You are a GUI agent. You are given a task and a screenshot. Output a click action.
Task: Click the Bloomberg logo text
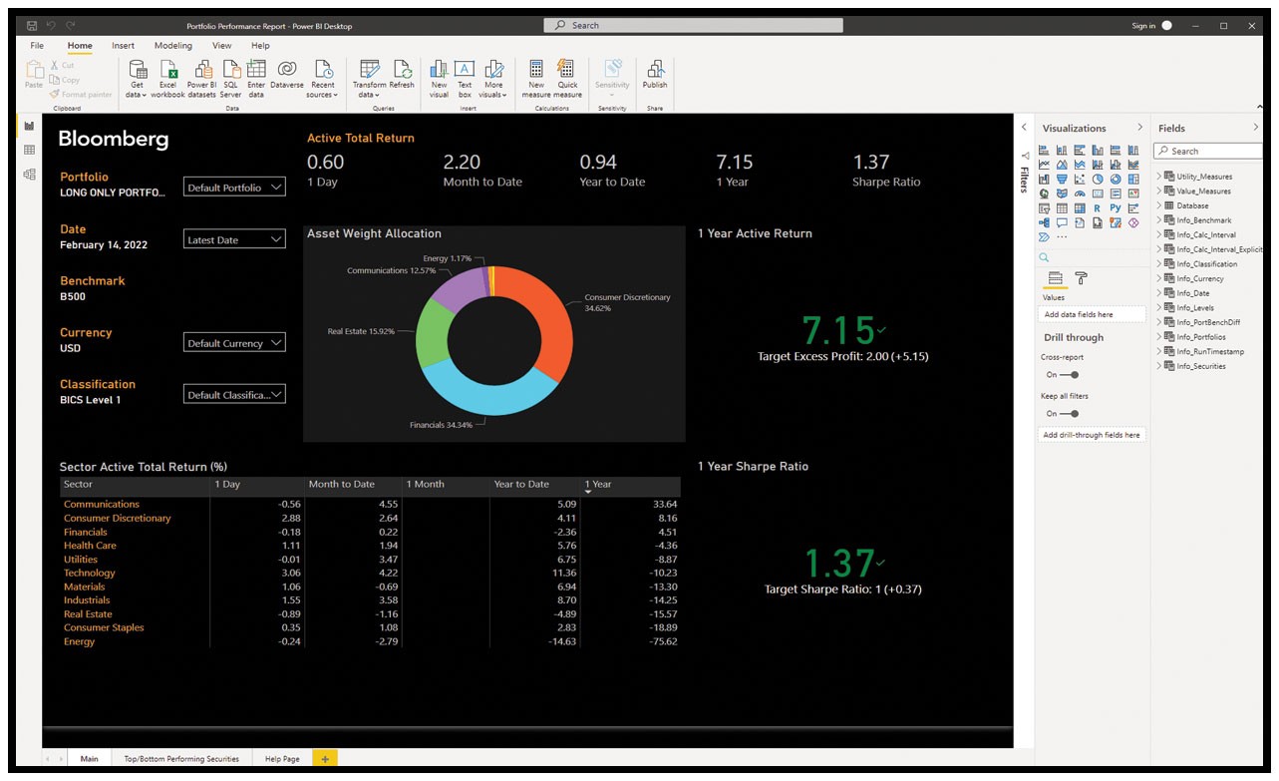(114, 139)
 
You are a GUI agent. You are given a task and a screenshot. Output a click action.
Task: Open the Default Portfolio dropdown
(234, 188)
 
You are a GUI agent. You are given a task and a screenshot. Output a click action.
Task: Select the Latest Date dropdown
(234, 239)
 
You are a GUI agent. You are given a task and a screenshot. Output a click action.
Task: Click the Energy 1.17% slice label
(447, 258)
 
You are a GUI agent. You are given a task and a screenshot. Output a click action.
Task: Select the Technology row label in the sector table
(90, 573)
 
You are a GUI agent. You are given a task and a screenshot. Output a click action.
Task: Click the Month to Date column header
(342, 484)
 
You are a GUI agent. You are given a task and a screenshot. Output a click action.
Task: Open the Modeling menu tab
(173, 46)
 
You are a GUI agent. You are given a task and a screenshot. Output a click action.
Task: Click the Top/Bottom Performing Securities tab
(181, 759)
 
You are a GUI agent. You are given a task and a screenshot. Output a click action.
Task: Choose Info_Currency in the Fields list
(1200, 278)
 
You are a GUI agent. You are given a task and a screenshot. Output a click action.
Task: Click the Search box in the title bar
(693, 25)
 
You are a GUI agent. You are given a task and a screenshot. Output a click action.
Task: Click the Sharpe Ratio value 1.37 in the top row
(871, 162)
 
